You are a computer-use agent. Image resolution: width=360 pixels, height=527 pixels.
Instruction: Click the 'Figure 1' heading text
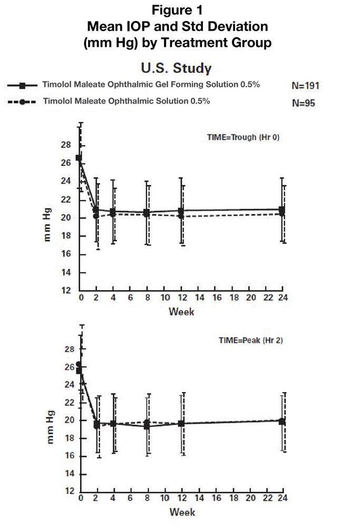pos(177,10)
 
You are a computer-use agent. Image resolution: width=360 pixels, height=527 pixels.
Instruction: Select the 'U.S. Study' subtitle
pos(176,68)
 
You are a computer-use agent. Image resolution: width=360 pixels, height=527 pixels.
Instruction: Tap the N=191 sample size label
pos(305,86)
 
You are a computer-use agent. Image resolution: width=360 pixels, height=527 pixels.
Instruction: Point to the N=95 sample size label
pos(303,103)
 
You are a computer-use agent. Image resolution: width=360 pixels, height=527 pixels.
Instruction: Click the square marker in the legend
pos(23,86)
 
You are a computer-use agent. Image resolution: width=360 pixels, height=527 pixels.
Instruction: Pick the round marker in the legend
pos(22,102)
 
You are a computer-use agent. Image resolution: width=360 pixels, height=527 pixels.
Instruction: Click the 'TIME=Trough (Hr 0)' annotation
pos(243,137)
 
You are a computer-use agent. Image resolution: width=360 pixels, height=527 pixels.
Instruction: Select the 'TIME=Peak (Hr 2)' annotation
pos(251,340)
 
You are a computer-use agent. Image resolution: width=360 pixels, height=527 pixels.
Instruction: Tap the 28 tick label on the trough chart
pos(66,145)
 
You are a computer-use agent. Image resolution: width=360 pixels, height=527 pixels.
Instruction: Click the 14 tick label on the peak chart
pos(70,474)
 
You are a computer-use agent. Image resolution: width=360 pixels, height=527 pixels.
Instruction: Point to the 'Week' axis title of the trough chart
pos(181,311)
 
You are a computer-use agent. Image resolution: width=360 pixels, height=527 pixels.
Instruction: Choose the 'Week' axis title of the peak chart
pos(182,512)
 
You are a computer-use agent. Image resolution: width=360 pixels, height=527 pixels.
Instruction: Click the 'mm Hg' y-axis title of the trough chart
pos(47,224)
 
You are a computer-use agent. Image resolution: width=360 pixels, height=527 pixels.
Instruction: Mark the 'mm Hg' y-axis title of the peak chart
pos(50,427)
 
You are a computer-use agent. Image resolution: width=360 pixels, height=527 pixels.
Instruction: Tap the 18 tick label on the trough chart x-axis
pos(234,297)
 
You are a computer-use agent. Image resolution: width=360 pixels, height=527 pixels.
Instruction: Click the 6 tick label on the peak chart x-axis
pos(130,498)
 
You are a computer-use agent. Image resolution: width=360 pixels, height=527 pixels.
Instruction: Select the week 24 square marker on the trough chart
pos(282,210)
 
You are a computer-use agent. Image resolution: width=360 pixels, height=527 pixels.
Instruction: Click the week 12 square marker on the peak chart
pos(181,424)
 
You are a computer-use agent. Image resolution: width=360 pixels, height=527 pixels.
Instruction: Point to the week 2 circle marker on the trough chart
pos(96,216)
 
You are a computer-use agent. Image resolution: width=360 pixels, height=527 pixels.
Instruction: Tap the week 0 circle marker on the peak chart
pos(79,364)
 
